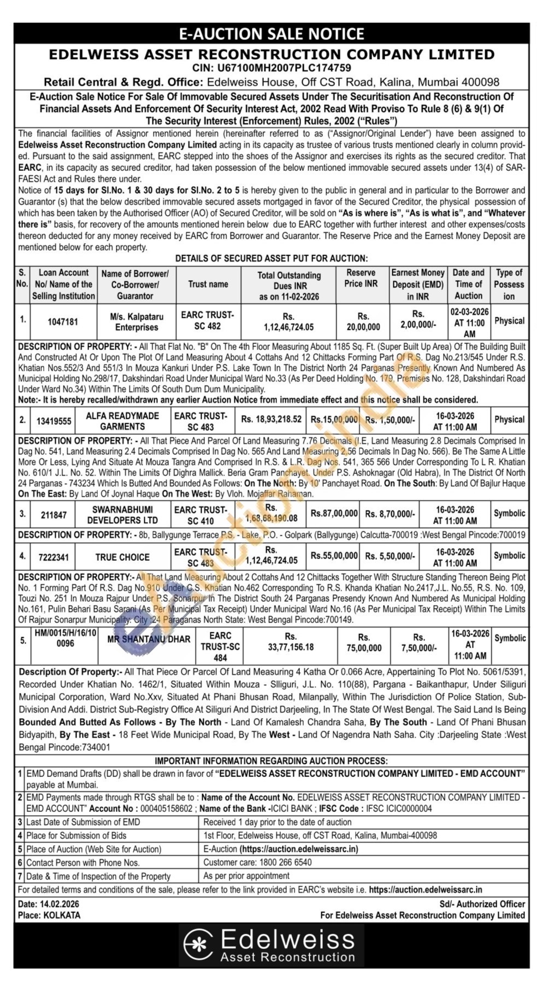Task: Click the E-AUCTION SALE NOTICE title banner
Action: coord(272,34)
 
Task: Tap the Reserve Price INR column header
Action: coord(361,278)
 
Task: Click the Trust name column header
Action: coord(208,284)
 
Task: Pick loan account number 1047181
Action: coord(63,322)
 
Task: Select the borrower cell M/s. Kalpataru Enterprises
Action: coord(136,322)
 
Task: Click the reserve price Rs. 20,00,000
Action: coord(363,322)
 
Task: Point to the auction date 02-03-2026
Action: coord(470,312)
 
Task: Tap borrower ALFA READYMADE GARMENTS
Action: coord(122,421)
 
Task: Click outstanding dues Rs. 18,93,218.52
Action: coord(271,419)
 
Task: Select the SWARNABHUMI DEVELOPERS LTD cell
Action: coord(122,515)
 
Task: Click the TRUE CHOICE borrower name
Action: coord(122,557)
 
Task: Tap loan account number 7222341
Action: coord(54,557)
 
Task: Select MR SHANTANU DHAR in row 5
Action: coord(149,639)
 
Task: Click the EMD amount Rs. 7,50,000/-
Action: coord(418,643)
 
